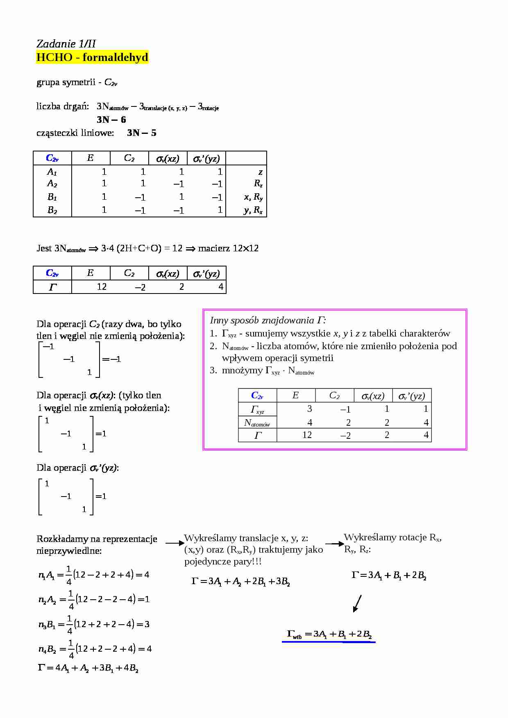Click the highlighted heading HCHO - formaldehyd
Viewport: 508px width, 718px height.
pyautogui.click(x=92, y=57)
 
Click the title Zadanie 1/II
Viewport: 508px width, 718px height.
pyautogui.click(x=66, y=44)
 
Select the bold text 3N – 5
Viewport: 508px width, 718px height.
pyautogui.click(x=141, y=133)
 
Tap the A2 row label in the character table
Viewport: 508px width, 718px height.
pyautogui.click(x=52, y=183)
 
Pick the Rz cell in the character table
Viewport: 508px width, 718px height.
pyautogui.click(x=258, y=183)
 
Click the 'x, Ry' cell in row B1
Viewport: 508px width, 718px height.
pyautogui.click(x=253, y=197)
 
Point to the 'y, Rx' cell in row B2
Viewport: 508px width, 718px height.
pyautogui.click(x=253, y=210)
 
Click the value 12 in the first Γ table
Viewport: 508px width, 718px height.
pyautogui.click(x=102, y=287)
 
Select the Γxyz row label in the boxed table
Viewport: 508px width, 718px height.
pyautogui.click(x=257, y=409)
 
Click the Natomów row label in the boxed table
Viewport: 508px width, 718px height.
pyautogui.click(x=257, y=422)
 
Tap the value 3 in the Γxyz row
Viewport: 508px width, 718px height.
pyautogui.click(x=309, y=409)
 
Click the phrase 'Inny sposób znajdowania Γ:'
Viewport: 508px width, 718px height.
pyautogui.click(x=268, y=320)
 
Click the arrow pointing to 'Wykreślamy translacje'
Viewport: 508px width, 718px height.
pyautogui.click(x=175, y=543)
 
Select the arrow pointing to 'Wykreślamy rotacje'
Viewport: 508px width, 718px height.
pyautogui.click(x=335, y=544)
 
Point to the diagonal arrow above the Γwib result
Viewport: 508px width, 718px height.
pyautogui.click(x=357, y=603)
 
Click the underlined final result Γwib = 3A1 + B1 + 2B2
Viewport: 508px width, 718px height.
pyautogui.click(x=329, y=634)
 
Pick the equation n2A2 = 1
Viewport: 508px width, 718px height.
pyautogui.click(x=94, y=600)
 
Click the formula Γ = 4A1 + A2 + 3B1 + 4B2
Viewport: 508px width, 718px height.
pyautogui.click(x=88, y=668)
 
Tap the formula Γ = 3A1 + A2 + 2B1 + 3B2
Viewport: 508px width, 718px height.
pyautogui.click(x=241, y=581)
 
